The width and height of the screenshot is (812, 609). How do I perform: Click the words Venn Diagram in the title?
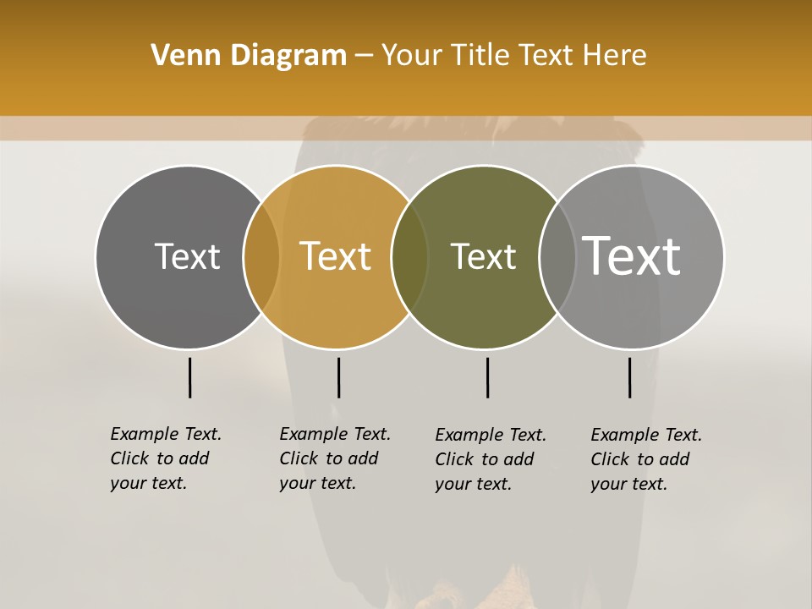tap(249, 56)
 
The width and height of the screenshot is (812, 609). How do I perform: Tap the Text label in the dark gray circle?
tap(187, 256)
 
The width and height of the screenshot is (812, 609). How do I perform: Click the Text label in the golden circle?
tap(335, 256)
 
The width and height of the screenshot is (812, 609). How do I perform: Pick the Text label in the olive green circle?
tap(483, 256)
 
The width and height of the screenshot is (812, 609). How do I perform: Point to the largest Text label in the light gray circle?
tap(632, 255)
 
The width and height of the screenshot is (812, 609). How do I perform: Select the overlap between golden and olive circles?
tap(409, 256)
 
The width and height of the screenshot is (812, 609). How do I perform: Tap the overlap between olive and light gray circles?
tap(556, 256)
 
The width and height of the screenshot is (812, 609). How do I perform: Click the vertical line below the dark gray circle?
tap(190, 377)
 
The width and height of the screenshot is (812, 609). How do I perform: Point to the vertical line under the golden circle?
tap(338, 377)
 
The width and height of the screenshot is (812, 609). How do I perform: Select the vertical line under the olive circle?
tap(487, 377)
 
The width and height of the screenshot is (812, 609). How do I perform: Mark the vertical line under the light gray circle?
tap(629, 377)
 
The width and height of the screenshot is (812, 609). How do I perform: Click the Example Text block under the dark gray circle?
tap(165, 458)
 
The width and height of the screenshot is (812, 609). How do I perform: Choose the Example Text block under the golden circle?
tap(334, 458)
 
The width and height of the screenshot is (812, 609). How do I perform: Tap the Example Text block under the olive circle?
tap(490, 459)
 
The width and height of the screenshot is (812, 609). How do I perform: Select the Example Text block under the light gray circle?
tap(645, 459)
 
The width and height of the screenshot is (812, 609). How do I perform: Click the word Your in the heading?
tap(412, 56)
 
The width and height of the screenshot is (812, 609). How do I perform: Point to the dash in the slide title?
tap(364, 57)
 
